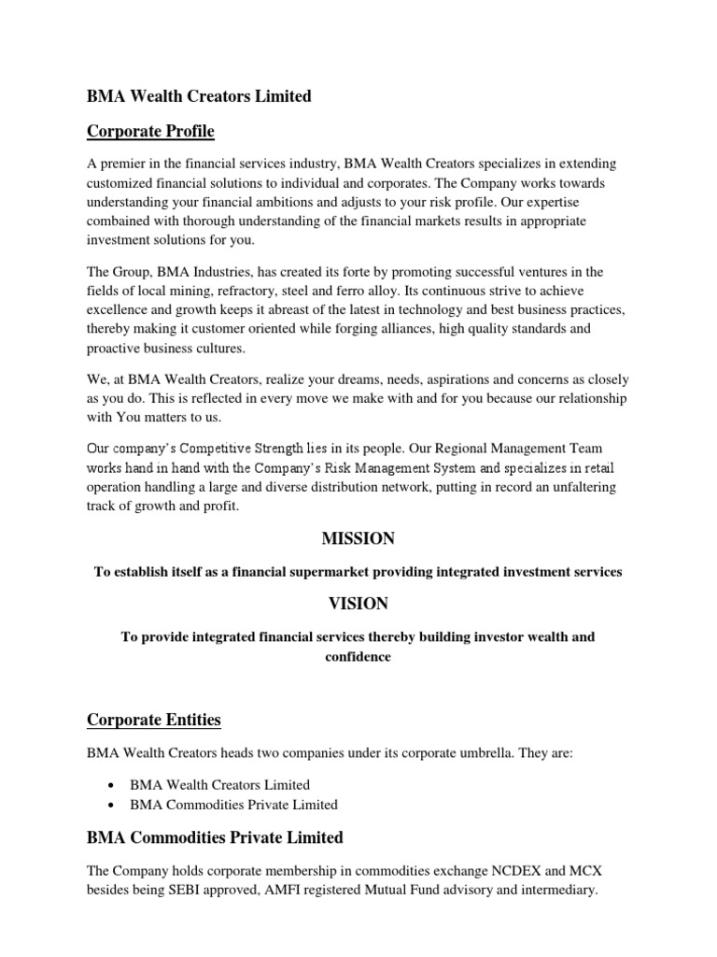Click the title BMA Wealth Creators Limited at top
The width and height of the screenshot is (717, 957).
point(199,96)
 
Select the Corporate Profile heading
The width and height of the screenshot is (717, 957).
point(150,132)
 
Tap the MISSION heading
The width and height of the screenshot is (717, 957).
point(358,538)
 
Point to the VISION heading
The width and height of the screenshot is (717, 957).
point(358,604)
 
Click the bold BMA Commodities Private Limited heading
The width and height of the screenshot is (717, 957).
point(215,836)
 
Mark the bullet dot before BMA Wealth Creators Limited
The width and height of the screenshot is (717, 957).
point(112,785)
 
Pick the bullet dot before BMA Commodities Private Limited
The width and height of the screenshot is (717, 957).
point(112,805)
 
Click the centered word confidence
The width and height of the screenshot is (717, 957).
point(358,656)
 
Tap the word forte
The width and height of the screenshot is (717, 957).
point(323,272)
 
